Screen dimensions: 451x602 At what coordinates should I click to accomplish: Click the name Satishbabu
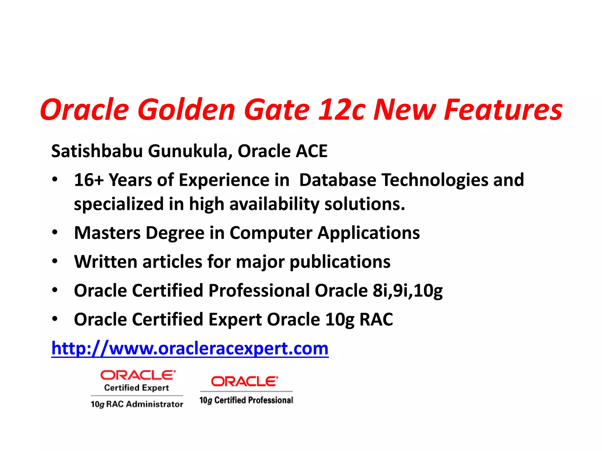[97, 151]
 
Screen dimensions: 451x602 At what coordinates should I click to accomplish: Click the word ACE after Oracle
[312, 151]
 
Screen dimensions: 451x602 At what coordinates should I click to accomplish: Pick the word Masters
[107, 233]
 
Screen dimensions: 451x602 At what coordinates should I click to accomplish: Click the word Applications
[369, 233]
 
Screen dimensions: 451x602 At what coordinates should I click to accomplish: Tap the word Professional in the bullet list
[259, 290]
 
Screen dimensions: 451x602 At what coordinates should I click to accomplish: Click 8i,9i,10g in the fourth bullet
[407, 290]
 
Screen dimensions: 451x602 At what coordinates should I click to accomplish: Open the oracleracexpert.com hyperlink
[190, 348]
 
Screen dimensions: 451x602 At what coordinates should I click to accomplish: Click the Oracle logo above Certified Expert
[138, 375]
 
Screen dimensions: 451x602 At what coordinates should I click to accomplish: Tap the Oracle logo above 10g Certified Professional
[244, 381]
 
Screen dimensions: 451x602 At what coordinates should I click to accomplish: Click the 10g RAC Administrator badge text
[137, 404]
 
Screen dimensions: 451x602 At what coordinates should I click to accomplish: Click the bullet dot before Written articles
[55, 261]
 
